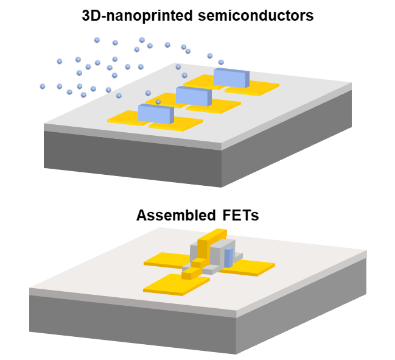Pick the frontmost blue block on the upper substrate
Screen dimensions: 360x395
pos(155,113)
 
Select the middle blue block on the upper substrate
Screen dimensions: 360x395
pos(193,96)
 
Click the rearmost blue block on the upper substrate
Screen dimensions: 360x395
pos(231,78)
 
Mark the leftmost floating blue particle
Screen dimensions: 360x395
pos(43,86)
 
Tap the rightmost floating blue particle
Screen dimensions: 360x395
pos(221,62)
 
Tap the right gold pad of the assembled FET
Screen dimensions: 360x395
pos(253,266)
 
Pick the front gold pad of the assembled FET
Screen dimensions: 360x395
pos(167,283)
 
